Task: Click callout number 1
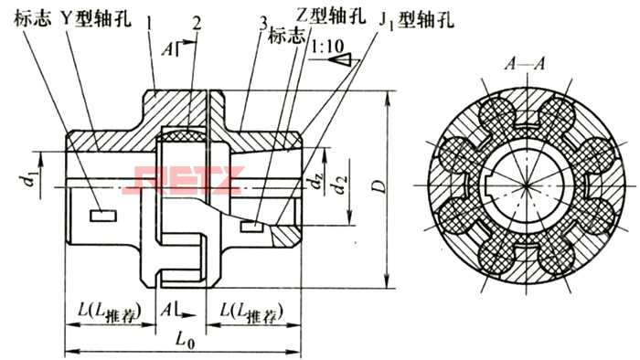148,18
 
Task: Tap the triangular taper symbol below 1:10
342,59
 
